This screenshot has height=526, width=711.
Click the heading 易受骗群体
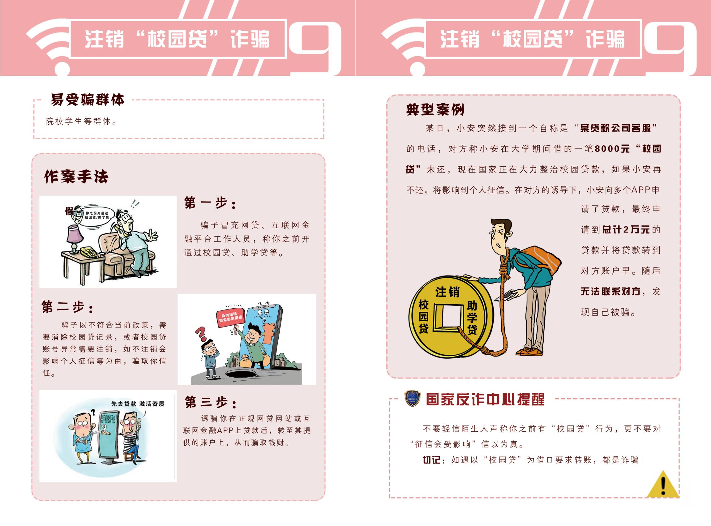[x=87, y=100]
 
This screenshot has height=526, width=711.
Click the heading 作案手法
[x=76, y=176]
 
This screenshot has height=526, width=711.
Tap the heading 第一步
[x=210, y=203]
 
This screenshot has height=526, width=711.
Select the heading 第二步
[x=67, y=307]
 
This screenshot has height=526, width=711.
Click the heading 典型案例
[x=435, y=110]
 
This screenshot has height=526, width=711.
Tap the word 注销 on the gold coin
[x=448, y=292]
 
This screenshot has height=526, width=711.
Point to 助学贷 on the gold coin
[x=472, y=318]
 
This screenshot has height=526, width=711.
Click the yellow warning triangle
[x=663, y=485]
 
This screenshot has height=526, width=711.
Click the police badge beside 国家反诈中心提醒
[x=412, y=399]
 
